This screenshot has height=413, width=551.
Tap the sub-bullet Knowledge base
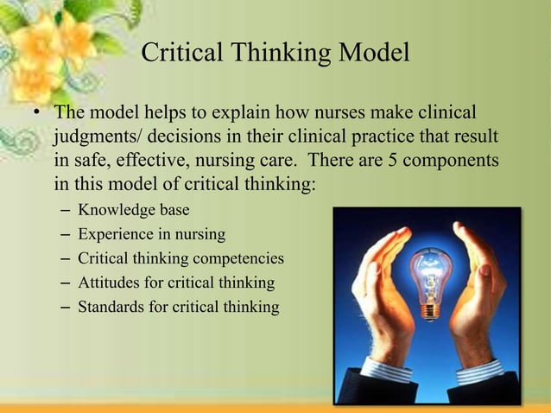coord(134,210)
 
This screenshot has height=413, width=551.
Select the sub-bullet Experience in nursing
coord(152,234)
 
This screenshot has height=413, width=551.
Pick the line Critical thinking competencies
coord(180,258)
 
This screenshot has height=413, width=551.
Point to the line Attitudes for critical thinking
coord(176,283)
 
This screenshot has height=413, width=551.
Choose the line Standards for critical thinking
coord(179,307)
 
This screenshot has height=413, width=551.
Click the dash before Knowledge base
coord(66,210)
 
